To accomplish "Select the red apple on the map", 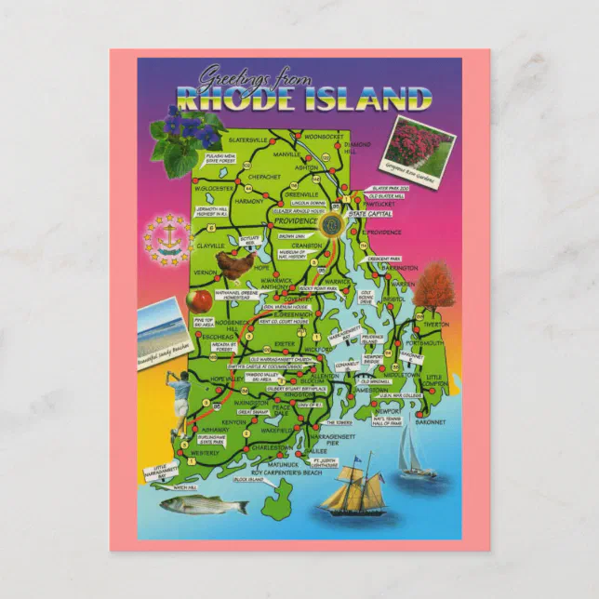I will click(202, 299).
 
